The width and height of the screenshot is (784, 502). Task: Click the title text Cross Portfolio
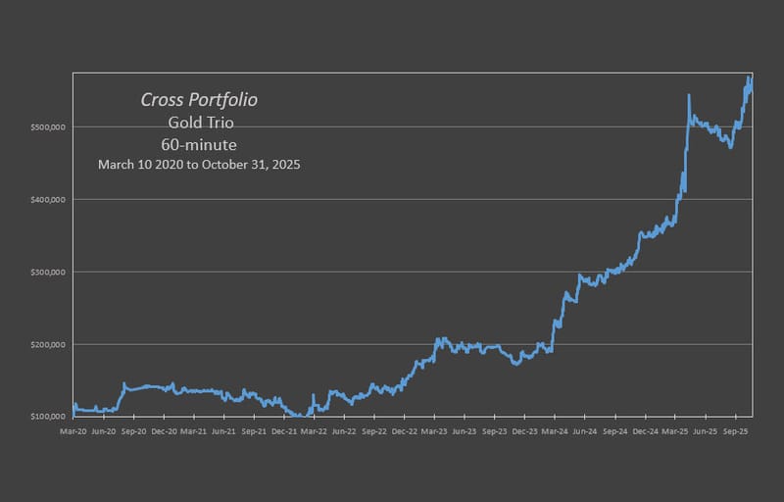click(x=200, y=100)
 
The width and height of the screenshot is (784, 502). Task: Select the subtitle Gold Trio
click(x=200, y=123)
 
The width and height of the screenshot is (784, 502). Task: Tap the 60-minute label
click(x=200, y=144)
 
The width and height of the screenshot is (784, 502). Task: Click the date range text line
click(x=199, y=165)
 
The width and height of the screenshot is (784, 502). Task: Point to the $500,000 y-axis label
click(x=48, y=127)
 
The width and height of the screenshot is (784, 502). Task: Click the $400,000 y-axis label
click(x=48, y=200)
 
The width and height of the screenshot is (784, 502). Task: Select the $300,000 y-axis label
click(x=48, y=273)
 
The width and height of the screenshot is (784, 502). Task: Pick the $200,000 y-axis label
click(x=48, y=345)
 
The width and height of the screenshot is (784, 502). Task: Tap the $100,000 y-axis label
click(x=48, y=417)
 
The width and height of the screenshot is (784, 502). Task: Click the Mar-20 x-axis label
click(x=73, y=430)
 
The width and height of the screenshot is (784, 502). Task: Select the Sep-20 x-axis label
click(x=133, y=430)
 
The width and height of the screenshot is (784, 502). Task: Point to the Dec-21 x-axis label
click(x=284, y=430)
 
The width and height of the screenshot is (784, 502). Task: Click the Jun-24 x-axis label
click(x=585, y=430)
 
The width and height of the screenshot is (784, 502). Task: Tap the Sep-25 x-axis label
click(x=735, y=430)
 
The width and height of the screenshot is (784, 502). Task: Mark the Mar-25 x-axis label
click(x=675, y=430)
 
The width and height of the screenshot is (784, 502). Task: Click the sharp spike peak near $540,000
click(x=689, y=96)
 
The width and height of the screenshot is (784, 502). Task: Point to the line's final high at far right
click(x=749, y=77)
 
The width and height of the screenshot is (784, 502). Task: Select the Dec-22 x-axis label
click(x=405, y=430)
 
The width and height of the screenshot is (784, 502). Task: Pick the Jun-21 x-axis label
click(x=223, y=430)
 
